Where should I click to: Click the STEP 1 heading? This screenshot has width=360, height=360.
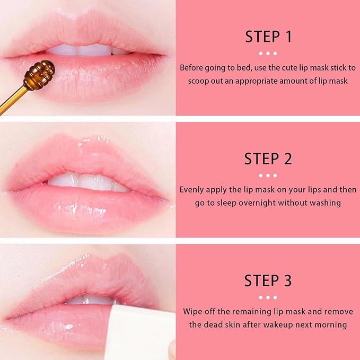coord(268,37)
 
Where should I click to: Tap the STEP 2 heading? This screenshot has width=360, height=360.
coord(268,159)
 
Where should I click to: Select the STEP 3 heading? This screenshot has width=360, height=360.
coord(268,280)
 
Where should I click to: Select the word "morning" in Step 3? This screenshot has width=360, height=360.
coord(331,324)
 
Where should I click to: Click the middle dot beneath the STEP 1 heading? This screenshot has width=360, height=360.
coord(268,53)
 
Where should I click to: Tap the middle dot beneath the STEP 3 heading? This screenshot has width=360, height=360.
coord(268,297)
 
